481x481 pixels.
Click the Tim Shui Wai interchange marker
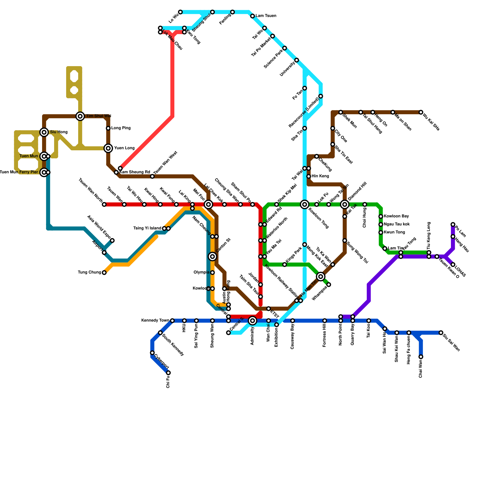coord(80,116)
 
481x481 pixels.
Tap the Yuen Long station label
coord(124,148)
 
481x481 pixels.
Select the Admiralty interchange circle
coord(253,321)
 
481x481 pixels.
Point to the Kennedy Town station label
coord(155,320)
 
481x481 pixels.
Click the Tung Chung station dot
coord(104,273)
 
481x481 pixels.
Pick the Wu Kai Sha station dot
coord(421,112)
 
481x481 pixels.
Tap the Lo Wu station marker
coord(180,12)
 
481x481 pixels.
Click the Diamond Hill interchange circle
coord(345,204)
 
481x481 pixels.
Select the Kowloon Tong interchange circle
coord(305,204)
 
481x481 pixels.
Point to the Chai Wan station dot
coord(421,357)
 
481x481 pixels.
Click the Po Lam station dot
coord(453,225)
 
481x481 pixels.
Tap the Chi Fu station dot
coord(168,373)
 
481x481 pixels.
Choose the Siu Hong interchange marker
coord(44,132)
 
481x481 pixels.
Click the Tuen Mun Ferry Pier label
coord(19,172)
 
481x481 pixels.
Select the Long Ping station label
coord(121,128)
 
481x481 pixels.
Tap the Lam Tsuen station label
coord(266,16)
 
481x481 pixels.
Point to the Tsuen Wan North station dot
coord(104,204)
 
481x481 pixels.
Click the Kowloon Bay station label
coord(396,216)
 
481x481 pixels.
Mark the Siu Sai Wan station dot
coord(441,333)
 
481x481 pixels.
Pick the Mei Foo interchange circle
coord(208,204)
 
